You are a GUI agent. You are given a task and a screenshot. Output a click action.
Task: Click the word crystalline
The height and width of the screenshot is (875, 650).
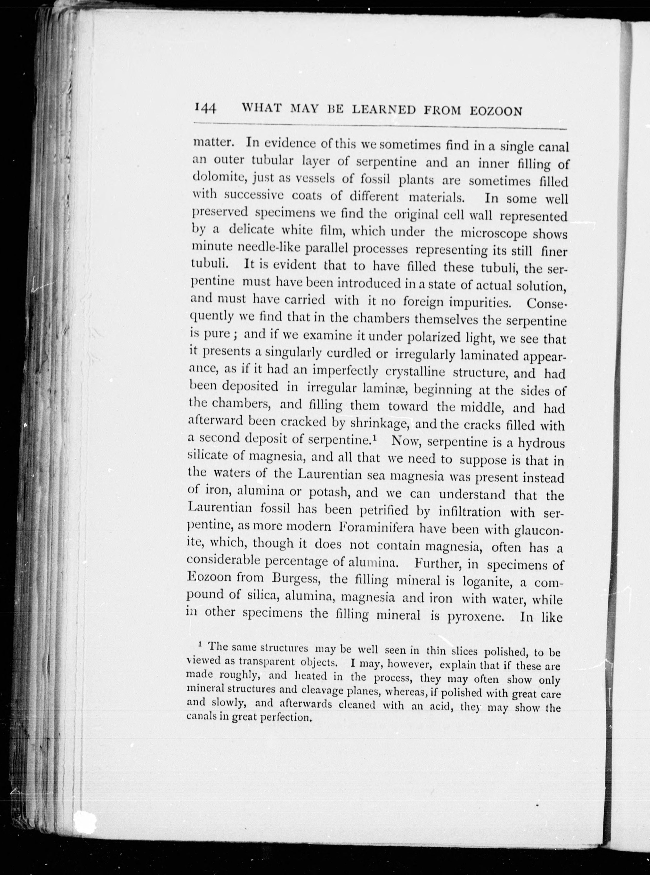415,371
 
